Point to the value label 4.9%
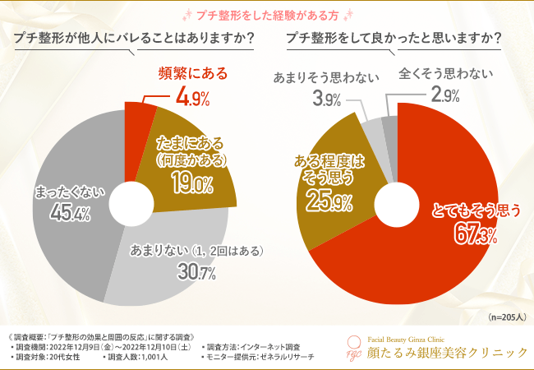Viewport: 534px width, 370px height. [x=194, y=99]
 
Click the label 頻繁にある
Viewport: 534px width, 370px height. [x=193, y=75]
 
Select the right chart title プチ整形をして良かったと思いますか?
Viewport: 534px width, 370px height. [x=394, y=39]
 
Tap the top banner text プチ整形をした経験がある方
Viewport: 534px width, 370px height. [x=266, y=14]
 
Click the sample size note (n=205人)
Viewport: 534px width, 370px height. [x=507, y=316]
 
